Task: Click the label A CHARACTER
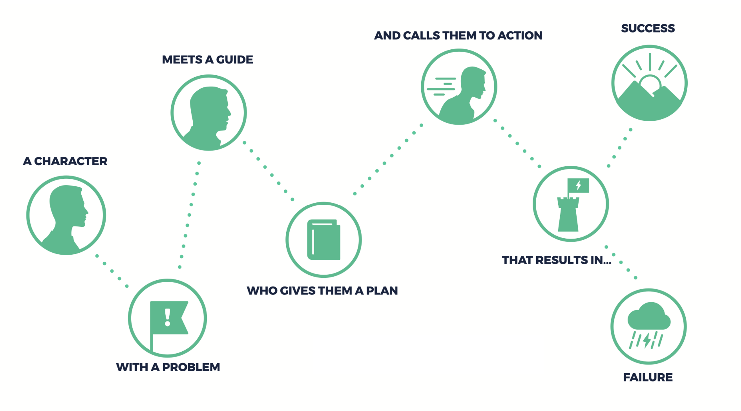click(x=65, y=161)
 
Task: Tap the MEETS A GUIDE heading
click(x=208, y=60)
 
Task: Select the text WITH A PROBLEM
click(x=168, y=367)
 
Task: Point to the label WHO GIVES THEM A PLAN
click(x=322, y=291)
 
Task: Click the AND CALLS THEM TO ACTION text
click(x=458, y=35)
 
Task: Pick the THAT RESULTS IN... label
click(x=557, y=260)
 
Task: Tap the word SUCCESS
click(x=648, y=28)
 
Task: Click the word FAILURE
click(x=648, y=377)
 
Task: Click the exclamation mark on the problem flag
click(x=168, y=317)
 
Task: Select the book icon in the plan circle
click(x=324, y=239)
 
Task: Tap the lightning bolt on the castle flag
click(x=578, y=185)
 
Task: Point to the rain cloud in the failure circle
click(x=649, y=316)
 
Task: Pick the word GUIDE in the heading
click(x=234, y=60)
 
